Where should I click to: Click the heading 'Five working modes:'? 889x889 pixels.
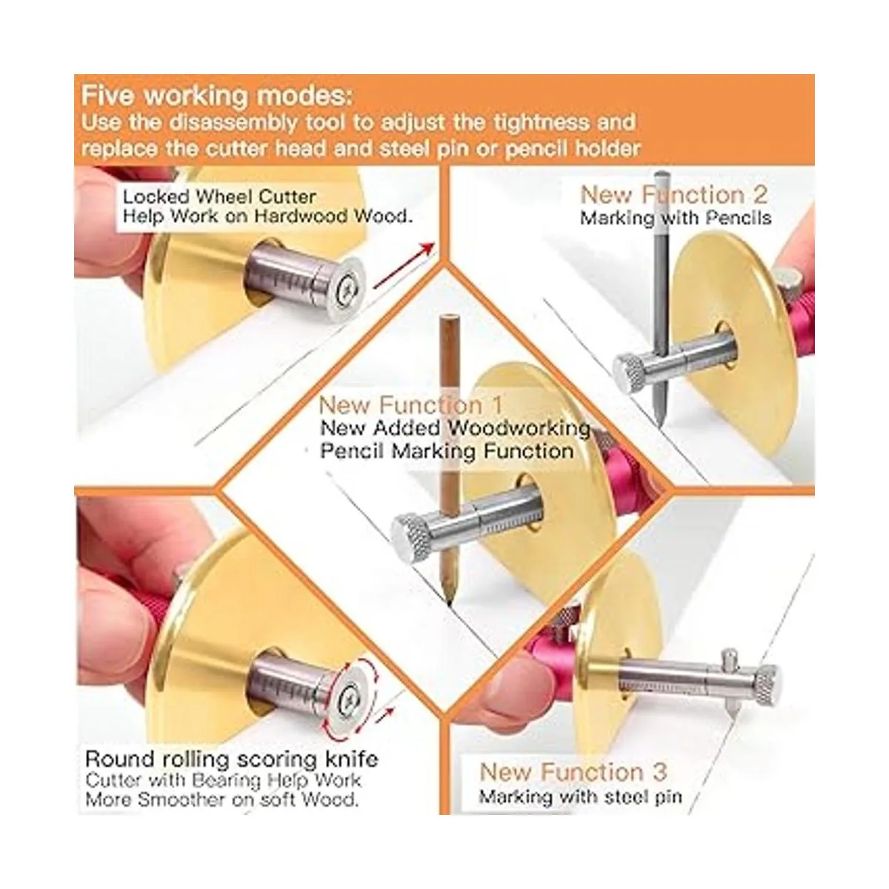[217, 96]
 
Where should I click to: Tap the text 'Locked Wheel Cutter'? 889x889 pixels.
[219, 197]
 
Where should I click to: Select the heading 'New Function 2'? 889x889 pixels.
[674, 195]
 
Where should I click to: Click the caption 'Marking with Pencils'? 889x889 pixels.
[676, 218]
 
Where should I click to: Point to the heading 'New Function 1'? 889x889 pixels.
[410, 405]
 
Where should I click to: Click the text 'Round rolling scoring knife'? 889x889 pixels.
[232, 759]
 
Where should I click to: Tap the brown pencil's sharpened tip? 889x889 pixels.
[450, 600]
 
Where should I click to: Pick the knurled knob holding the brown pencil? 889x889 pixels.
[411, 536]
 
